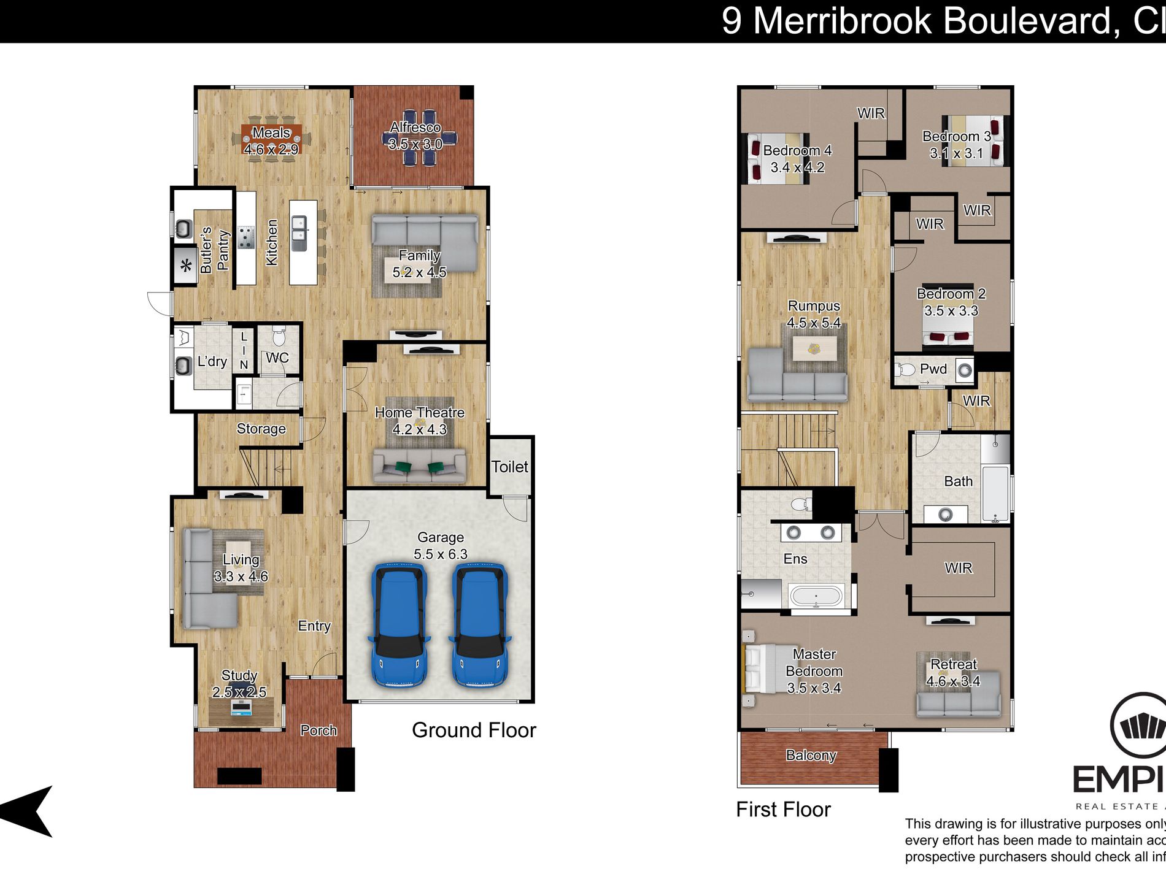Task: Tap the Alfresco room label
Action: coord(415,128)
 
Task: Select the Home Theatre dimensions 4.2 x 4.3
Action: coord(420,429)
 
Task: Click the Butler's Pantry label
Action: coord(214,250)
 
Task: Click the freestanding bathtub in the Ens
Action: coord(816,596)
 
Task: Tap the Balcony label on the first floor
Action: coord(811,756)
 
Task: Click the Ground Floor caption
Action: coord(474,730)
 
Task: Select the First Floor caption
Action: coord(783,810)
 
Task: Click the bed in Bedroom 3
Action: coord(973,140)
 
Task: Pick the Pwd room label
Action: coord(933,369)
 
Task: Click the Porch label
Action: coord(319,730)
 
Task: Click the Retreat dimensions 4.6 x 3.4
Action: coord(953,681)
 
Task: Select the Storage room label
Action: coord(261,429)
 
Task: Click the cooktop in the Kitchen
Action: coord(246,237)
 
